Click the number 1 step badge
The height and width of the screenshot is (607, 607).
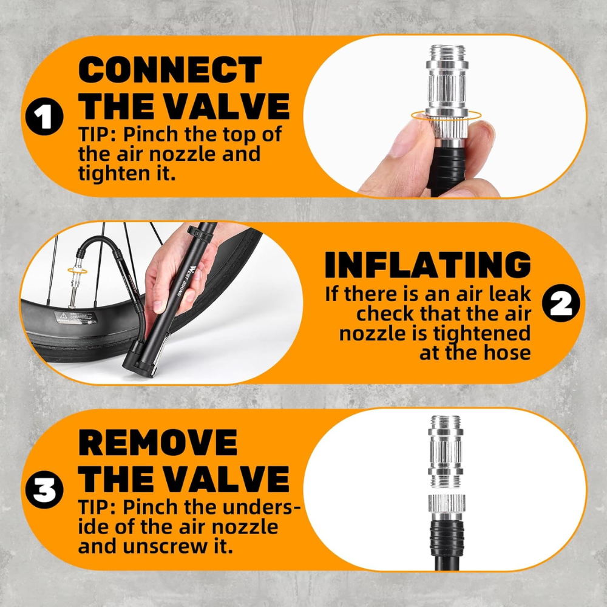[x=44, y=116]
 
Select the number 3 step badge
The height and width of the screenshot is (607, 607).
[x=44, y=490]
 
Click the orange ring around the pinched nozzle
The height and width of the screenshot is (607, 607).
[x=446, y=115]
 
